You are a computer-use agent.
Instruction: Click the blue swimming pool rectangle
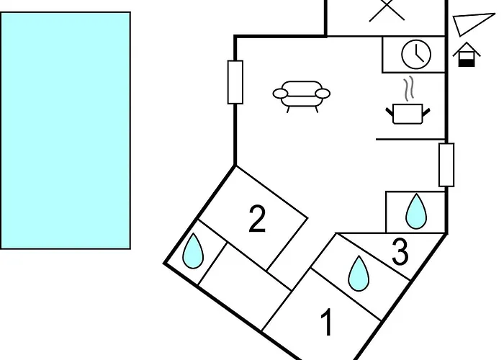(66, 130)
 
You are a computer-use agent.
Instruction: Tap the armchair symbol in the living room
(302, 96)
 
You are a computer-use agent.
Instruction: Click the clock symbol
(416, 54)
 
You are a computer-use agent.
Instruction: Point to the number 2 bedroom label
(257, 219)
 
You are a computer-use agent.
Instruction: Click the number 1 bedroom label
(327, 322)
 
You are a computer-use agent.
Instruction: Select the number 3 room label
(400, 252)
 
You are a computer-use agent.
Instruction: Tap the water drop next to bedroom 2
(193, 251)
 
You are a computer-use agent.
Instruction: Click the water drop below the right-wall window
(416, 211)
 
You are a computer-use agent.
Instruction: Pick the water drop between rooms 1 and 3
(359, 273)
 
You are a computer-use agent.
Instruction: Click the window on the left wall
(235, 82)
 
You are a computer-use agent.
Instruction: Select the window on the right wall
(446, 165)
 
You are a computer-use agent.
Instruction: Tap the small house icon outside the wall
(467, 55)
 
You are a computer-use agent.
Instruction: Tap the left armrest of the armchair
(280, 94)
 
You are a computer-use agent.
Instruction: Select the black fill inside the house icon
(467, 63)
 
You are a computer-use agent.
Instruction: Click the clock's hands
(419, 54)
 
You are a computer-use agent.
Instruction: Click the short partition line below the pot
(410, 139)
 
